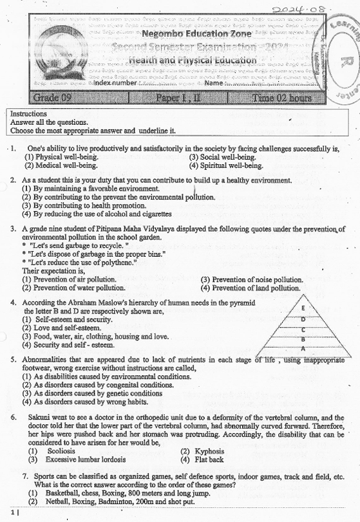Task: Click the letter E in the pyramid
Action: click(x=303, y=308)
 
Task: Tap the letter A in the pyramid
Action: click(x=303, y=348)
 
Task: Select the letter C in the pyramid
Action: click(x=303, y=329)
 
